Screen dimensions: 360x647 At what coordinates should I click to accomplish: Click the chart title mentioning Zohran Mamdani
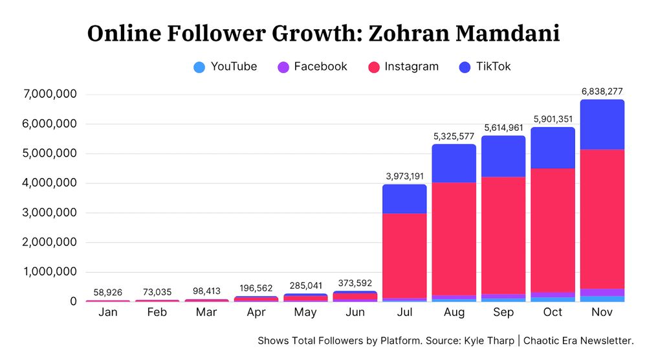point(323,34)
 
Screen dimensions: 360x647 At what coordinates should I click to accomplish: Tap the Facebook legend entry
point(313,67)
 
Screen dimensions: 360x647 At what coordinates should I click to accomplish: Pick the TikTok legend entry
point(485,67)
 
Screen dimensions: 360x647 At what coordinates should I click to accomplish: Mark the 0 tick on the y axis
point(73,302)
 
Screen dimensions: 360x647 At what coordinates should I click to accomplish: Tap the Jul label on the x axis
point(404,313)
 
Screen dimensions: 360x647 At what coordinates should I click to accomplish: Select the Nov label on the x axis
point(602,313)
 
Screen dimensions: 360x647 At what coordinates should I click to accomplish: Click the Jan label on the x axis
point(107,313)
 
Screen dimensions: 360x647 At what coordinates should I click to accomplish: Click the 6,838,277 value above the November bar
point(602,91)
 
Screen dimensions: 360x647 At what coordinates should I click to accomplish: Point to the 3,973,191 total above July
point(404,176)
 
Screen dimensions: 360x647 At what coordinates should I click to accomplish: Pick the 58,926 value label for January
point(107,293)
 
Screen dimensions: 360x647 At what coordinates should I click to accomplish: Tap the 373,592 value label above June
point(355,283)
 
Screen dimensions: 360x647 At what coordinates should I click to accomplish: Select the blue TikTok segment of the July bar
point(404,199)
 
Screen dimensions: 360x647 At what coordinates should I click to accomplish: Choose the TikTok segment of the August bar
point(454,163)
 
